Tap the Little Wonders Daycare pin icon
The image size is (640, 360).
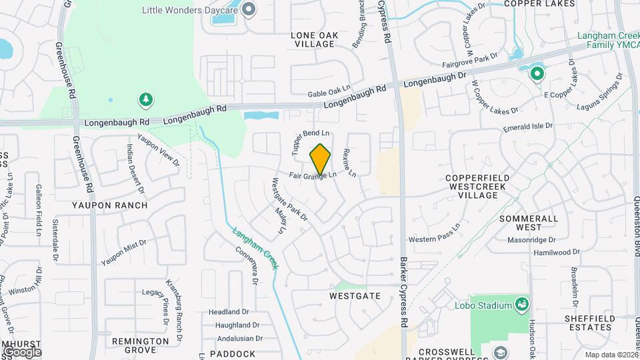coord(249,9)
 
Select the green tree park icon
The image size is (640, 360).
coord(145,100)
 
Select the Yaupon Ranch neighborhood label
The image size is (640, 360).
coord(110,205)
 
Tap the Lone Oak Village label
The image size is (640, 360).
coord(315,39)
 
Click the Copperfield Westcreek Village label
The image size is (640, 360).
coord(478,183)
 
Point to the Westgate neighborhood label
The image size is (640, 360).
coord(355,295)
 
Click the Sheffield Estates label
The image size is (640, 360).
coord(589,323)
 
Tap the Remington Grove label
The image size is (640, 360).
coord(140,345)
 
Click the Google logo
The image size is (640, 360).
coord(21,351)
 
